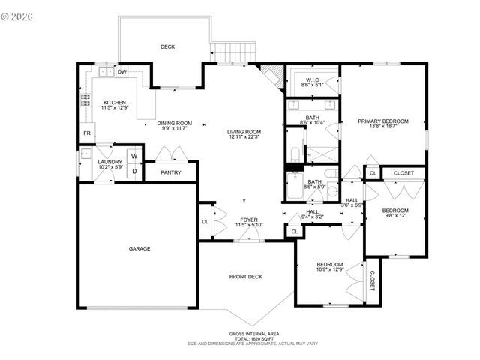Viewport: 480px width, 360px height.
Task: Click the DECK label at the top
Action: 167,46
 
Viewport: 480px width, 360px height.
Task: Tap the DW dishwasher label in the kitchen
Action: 122,72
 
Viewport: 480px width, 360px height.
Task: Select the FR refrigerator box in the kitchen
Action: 86,134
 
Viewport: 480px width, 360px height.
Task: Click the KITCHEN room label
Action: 115,103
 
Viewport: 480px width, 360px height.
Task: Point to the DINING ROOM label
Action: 175,123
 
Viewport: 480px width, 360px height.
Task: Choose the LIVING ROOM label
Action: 245,132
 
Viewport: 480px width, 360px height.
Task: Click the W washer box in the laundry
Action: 134,157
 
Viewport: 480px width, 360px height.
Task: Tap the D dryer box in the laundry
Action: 134,171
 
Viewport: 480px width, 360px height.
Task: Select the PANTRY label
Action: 171,172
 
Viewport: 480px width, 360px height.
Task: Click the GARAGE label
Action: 139,248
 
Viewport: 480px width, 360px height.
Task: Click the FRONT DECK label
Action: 244,277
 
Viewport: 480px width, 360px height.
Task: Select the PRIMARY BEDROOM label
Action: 382,121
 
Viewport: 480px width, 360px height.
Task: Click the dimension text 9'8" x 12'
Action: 395,216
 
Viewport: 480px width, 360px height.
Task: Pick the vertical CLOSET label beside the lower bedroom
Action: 371,280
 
